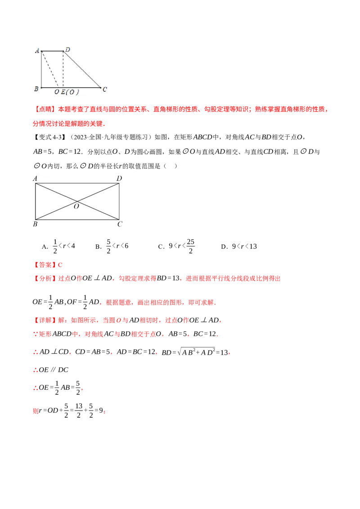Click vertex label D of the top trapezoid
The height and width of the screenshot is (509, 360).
[x=67, y=49]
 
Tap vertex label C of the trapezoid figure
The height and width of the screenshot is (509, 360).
[x=104, y=89]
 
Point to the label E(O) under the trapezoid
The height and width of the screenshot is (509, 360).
[x=70, y=92]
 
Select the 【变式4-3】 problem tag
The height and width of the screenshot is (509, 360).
[x=49, y=137]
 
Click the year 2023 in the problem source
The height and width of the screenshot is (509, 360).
[x=80, y=137]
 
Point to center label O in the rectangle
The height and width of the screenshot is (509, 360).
[x=76, y=206]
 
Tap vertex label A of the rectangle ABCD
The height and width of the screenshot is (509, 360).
[x=35, y=179]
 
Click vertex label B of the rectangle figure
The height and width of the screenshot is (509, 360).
[x=35, y=224]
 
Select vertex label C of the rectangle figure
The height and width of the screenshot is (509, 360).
[x=120, y=224]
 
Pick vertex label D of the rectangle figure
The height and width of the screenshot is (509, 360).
[x=119, y=179]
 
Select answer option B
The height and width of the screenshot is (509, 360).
[x=112, y=246]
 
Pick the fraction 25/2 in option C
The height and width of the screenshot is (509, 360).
[x=191, y=246]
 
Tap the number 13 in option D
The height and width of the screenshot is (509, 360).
[x=253, y=247]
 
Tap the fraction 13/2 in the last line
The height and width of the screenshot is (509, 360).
[x=79, y=411]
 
